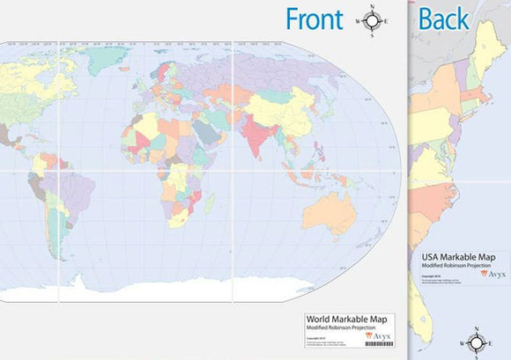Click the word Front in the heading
313,18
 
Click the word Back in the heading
444,18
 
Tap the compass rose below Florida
476,343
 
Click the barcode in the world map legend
379,344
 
